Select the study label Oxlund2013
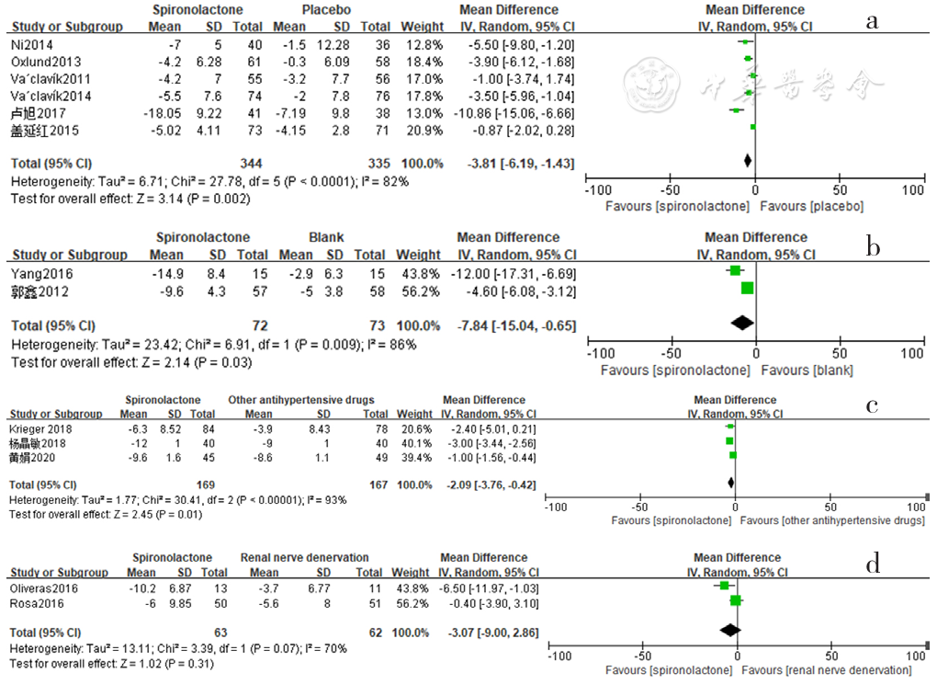tap(43, 61)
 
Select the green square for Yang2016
tap(735, 270)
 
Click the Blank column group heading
tap(325, 237)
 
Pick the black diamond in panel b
tap(741, 322)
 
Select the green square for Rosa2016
tap(735, 601)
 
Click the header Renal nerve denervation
tap(304, 558)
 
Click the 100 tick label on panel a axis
tap(913, 189)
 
